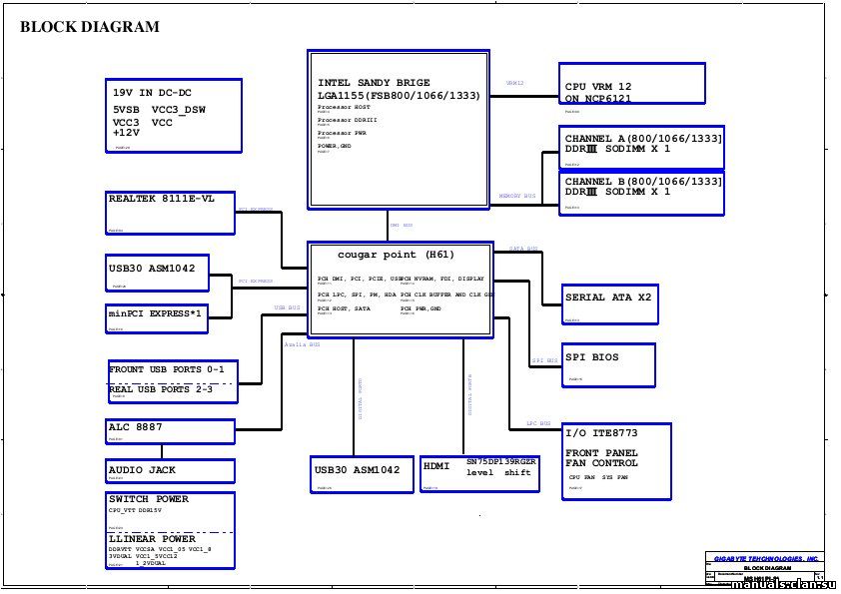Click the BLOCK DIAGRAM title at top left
coord(90,28)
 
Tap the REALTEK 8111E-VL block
coord(171,212)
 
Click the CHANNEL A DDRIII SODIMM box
coord(643,147)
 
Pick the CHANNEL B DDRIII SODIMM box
coord(643,192)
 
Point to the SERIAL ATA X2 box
coord(610,303)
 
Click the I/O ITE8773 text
coord(601,434)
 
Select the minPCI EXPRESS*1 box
coord(157,317)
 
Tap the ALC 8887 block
coord(170,430)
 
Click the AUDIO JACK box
coord(170,470)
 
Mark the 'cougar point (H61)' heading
coord(396,255)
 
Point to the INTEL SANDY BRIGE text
coord(374,82)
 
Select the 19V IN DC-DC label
coord(152,93)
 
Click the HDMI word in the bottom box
coord(436,466)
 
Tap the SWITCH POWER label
coord(149,499)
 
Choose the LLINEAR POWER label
coord(152,539)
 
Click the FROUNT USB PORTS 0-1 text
coord(167,370)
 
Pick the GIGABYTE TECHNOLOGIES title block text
coord(766,558)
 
